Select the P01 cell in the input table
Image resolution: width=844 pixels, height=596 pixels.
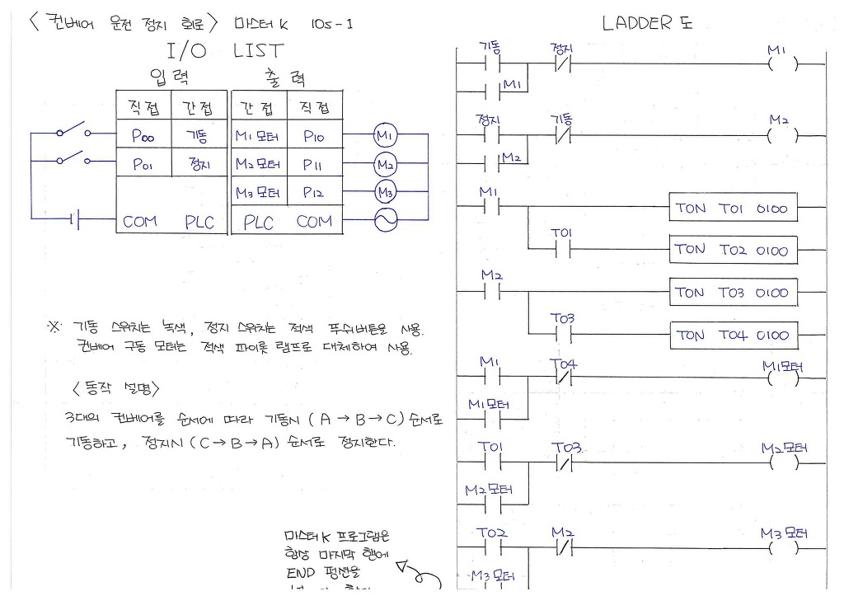(142, 165)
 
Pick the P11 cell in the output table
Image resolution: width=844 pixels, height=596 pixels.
(313, 165)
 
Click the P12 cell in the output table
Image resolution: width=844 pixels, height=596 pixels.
(313, 193)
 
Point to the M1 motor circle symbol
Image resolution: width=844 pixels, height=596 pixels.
(385, 134)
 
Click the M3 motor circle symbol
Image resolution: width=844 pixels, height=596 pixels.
(385, 193)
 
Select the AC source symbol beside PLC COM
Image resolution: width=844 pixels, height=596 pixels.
(385, 219)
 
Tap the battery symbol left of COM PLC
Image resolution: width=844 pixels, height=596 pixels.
(76, 220)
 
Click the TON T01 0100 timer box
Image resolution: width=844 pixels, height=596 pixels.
(733, 209)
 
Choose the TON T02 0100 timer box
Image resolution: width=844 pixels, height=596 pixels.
(733, 250)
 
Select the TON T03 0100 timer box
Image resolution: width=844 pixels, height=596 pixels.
(733, 292)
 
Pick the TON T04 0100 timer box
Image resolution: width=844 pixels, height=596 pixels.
(733, 335)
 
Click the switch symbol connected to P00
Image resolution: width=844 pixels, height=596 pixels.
(71, 131)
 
